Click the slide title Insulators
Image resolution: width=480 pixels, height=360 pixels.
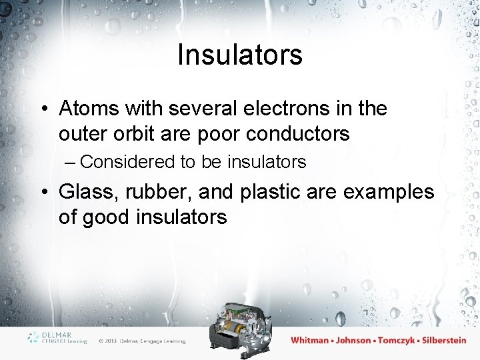click(x=240, y=55)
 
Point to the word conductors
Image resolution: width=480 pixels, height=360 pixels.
click(x=297, y=133)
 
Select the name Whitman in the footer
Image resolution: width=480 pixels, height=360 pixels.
click(x=310, y=340)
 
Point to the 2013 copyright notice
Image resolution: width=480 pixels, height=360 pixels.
click(x=142, y=341)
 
